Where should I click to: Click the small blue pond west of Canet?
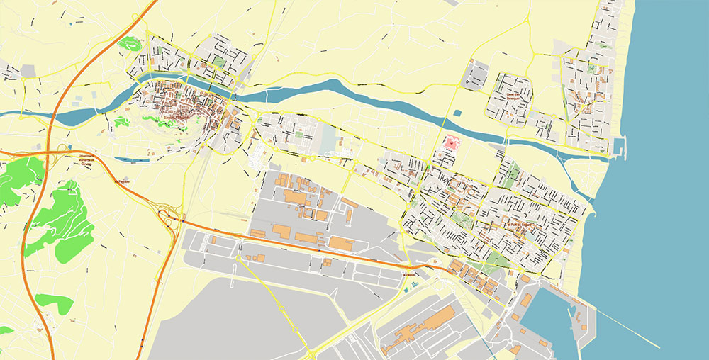[457, 112]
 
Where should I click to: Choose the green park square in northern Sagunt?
[219, 62]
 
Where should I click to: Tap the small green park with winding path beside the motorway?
[129, 43]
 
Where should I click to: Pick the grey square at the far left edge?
[28, 71]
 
